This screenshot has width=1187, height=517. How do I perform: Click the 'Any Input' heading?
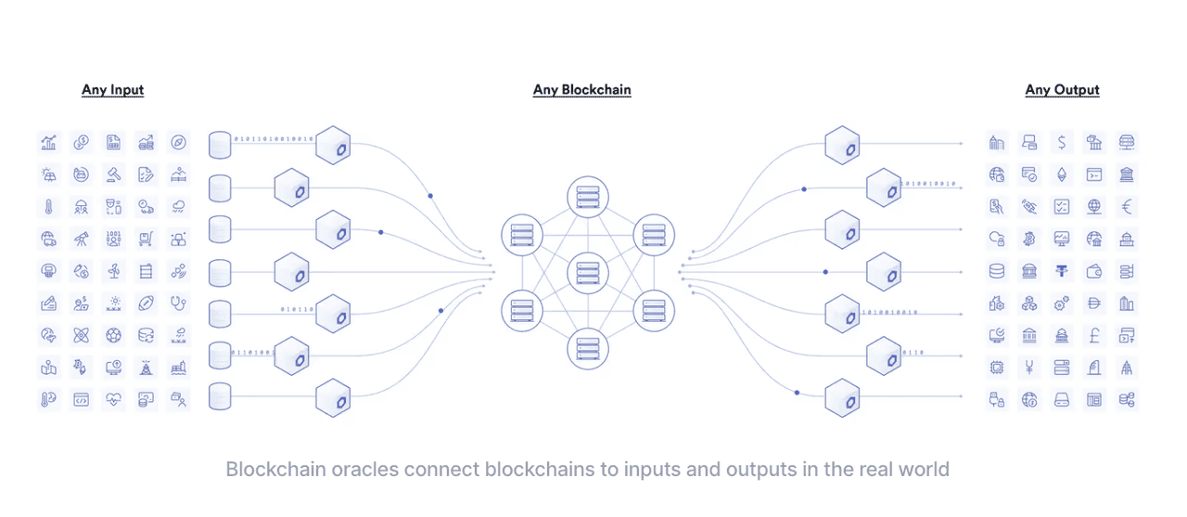pyautogui.click(x=112, y=90)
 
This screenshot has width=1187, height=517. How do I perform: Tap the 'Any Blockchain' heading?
pyautogui.click(x=581, y=90)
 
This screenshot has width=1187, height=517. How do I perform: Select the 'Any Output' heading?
pyautogui.click(x=1062, y=90)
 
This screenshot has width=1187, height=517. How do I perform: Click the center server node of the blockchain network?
pyautogui.click(x=588, y=273)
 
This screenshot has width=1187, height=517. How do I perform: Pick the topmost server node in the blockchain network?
pyautogui.click(x=588, y=197)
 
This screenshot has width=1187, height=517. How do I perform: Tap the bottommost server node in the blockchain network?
pyautogui.click(x=588, y=349)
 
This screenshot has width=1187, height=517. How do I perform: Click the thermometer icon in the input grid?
pyautogui.click(x=49, y=207)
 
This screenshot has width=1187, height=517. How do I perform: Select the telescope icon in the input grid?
pyautogui.click(x=81, y=239)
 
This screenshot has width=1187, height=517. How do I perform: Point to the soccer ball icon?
pyautogui.click(x=113, y=336)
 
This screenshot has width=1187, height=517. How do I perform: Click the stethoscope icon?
pyautogui.click(x=178, y=304)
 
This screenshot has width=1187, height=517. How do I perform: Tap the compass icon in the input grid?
pyautogui.click(x=178, y=142)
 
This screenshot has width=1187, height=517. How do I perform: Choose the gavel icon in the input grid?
pyautogui.click(x=113, y=174)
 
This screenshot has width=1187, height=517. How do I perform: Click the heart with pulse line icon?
pyautogui.click(x=113, y=399)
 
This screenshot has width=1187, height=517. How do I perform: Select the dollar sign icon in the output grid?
pyautogui.click(x=1062, y=142)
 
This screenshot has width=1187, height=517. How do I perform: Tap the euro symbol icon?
pyautogui.click(x=1127, y=207)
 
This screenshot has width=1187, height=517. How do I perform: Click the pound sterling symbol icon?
pyautogui.click(x=1094, y=336)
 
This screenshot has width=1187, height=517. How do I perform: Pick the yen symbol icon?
pyautogui.click(x=1029, y=368)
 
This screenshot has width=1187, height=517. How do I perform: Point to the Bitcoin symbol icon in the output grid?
pyautogui.click(x=1029, y=239)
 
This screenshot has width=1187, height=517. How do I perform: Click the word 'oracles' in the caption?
pyautogui.click(x=364, y=470)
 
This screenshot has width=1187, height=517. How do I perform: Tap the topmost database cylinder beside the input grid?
pyautogui.click(x=220, y=145)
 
